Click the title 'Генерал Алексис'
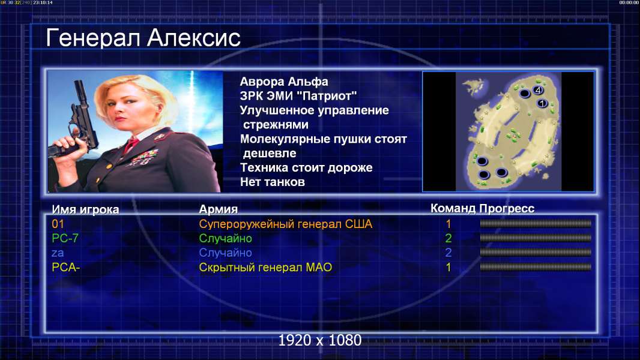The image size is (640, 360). click(143, 38)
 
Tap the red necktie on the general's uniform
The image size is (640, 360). click(131, 145)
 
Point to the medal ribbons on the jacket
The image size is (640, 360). click(143, 158)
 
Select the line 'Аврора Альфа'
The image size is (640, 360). click(283, 82)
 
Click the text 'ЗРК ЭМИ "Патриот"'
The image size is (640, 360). click(298, 96)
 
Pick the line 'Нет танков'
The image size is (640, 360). click(272, 182)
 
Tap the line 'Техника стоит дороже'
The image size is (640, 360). click(306, 167)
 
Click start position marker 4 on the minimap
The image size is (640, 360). click(537, 90)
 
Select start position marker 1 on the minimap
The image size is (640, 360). click(542, 104)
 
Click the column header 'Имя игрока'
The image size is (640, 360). click(85, 209)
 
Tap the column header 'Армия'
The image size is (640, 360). click(218, 209)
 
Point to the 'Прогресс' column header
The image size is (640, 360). click(507, 209)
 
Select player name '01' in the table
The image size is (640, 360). click(58, 224)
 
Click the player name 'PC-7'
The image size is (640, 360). click(65, 238)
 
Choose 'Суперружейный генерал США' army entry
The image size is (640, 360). click(285, 224)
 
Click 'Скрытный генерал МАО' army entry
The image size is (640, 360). click(265, 268)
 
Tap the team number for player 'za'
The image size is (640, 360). click(448, 253)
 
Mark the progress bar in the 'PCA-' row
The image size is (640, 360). click(536, 268)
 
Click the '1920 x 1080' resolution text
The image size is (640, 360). click(320, 340)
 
